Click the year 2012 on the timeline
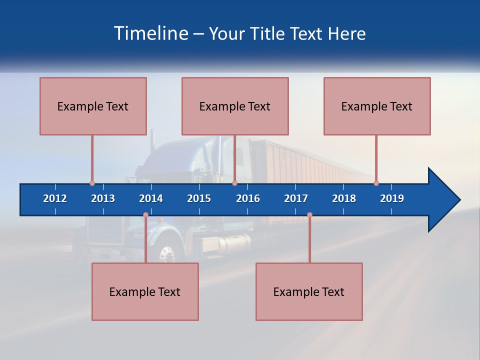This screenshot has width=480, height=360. coord(55,198)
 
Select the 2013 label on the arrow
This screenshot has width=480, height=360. coord(103,198)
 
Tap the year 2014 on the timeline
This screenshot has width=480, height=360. coord(151,198)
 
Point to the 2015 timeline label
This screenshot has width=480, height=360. coord(199,198)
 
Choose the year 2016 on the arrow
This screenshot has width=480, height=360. coord(248,198)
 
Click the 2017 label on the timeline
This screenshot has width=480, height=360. coord(296,198)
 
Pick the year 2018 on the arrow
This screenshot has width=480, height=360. coord(344,198)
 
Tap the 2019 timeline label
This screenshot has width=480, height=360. coord(392,198)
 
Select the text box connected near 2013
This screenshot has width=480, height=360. coord(93,106)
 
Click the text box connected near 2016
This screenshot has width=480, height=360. coord(235,106)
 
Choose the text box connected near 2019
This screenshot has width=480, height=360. coord(377,106)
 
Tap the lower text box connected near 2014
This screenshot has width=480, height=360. coord(145,291)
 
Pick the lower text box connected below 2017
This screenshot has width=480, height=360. coord(309,291)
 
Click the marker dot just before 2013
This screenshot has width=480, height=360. coord(92,183)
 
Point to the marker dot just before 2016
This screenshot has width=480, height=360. coord(234,183)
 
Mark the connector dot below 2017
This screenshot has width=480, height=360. coord(309,215)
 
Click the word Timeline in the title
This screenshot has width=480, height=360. coord(150,33)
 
